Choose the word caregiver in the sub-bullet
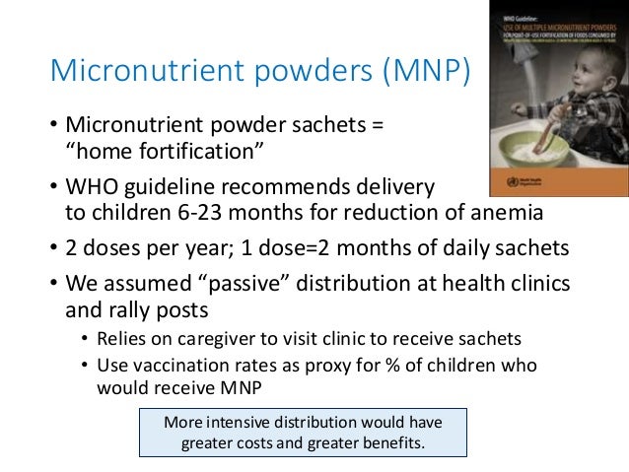point(209,339)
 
